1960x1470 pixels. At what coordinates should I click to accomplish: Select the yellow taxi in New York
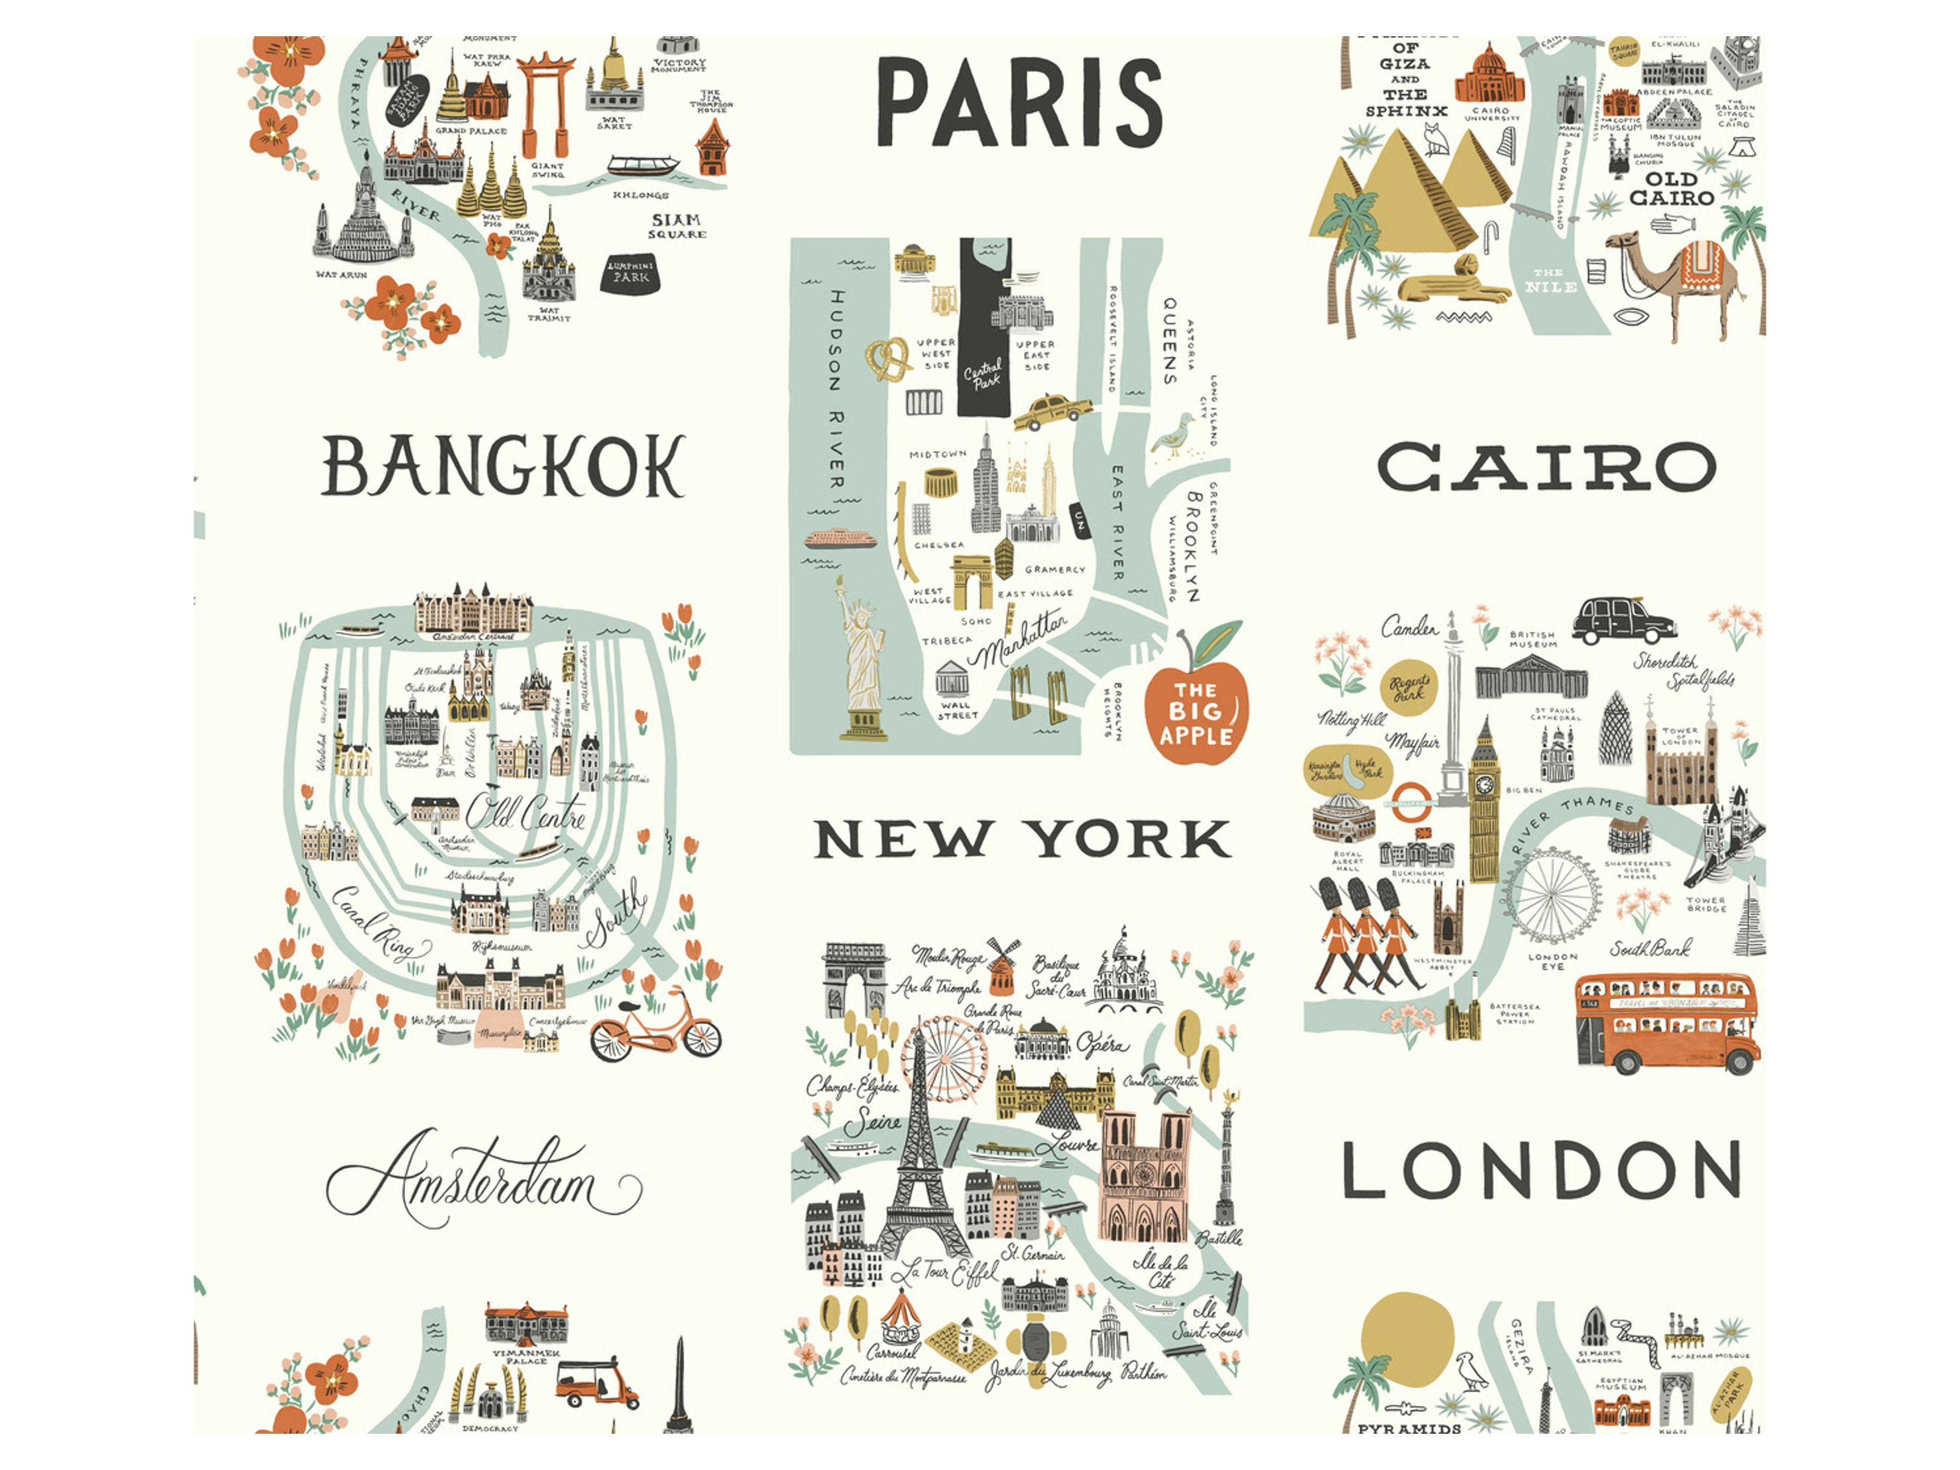click(1052, 410)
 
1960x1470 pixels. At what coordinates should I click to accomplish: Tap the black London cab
click(1623, 620)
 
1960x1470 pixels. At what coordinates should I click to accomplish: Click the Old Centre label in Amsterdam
click(525, 811)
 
